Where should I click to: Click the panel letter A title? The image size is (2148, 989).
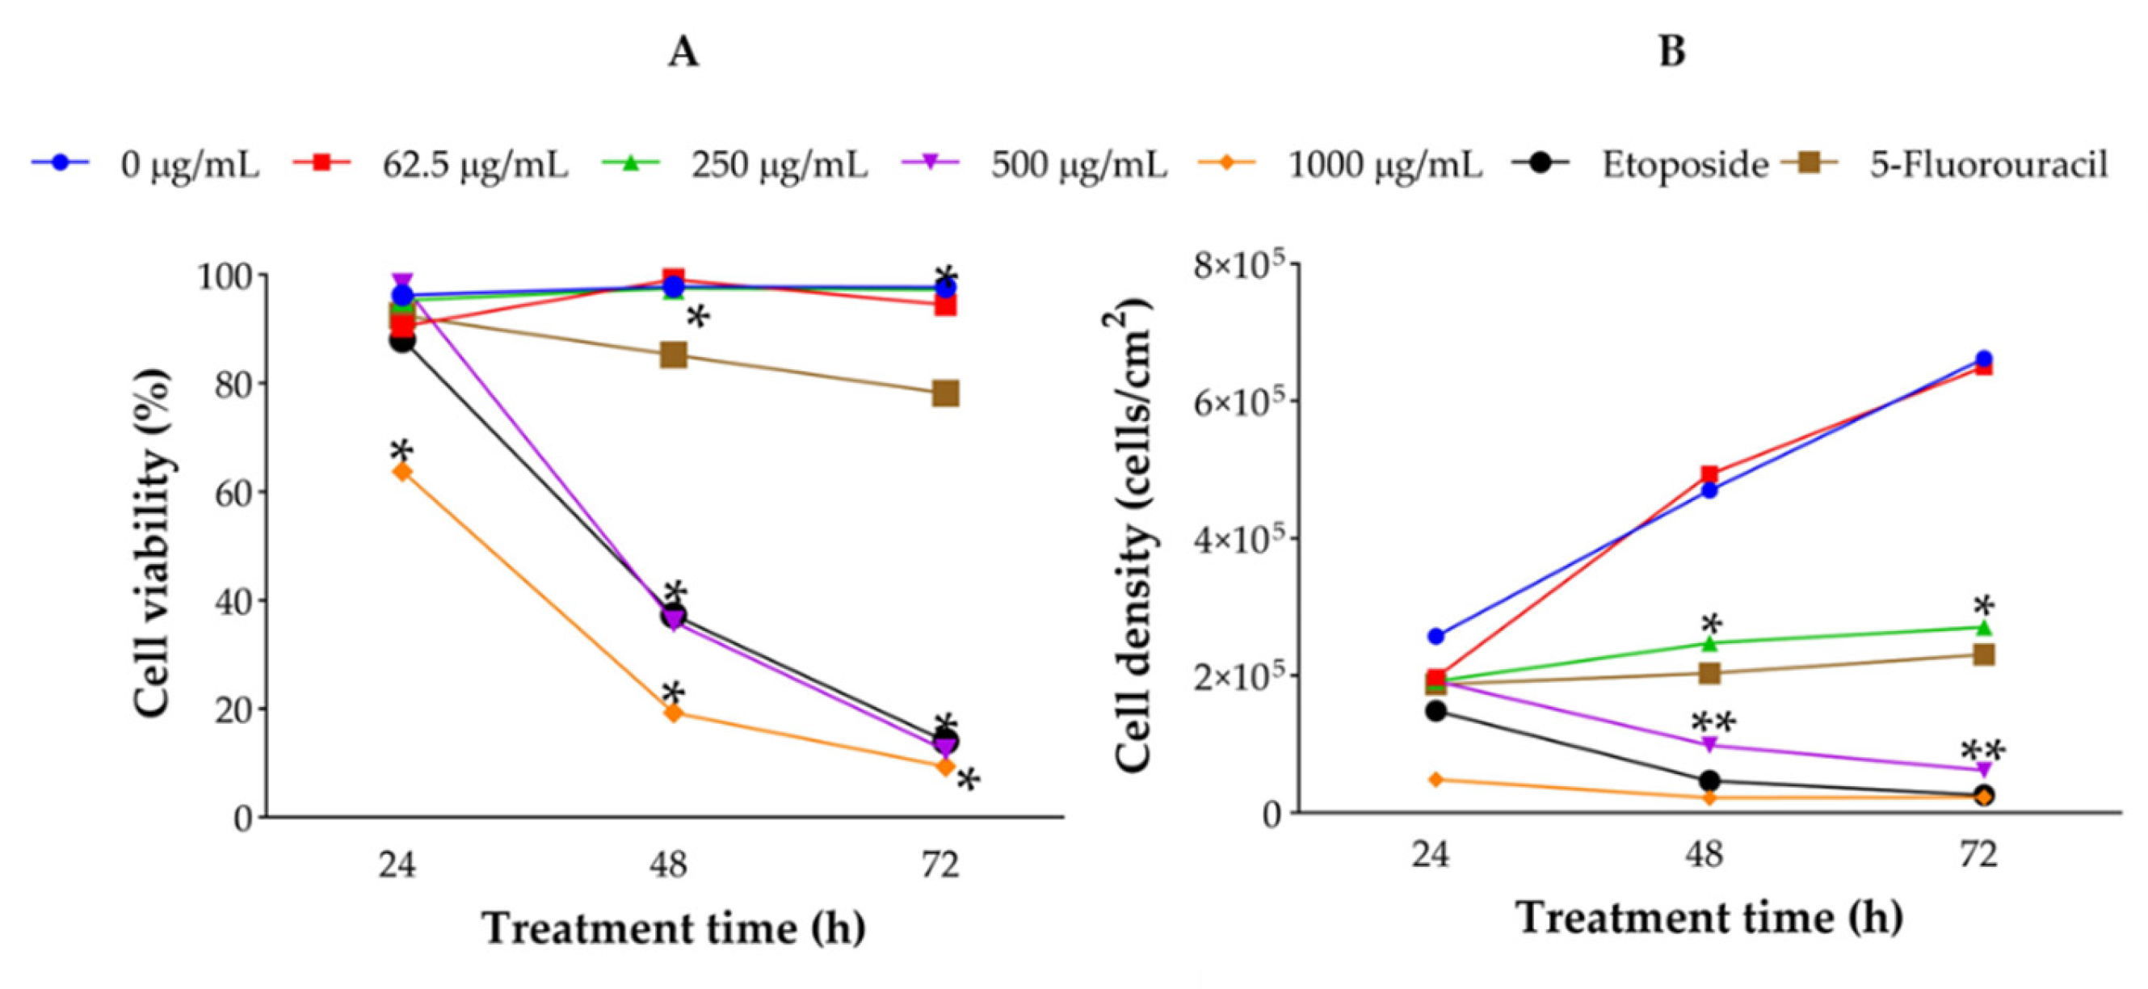coord(683,53)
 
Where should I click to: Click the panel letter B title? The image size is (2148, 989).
coord(1671,52)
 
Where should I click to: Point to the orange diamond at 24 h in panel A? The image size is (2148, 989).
coord(402,472)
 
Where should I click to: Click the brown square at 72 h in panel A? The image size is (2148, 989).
coord(945,393)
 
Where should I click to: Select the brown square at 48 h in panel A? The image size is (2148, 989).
coord(674,356)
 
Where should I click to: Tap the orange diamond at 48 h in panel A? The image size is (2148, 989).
coord(674,713)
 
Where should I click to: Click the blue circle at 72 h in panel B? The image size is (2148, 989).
coord(1985,360)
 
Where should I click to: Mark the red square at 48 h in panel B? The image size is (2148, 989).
coord(1709,475)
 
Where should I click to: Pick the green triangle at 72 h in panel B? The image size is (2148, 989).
coord(1985,627)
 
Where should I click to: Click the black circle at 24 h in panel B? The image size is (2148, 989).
coord(1436,711)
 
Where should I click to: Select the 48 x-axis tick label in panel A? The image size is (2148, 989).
coord(670,865)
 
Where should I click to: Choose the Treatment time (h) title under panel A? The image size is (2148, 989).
coord(674,929)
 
